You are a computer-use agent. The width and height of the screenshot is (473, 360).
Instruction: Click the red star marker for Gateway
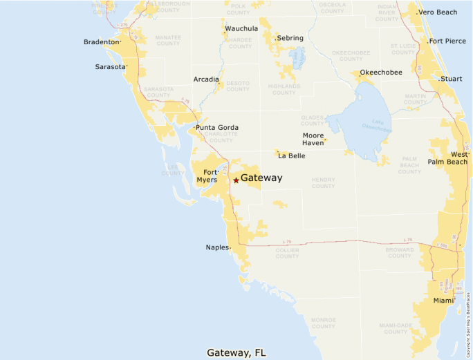(x=236, y=180)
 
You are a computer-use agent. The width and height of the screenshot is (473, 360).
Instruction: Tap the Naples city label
(x=216, y=247)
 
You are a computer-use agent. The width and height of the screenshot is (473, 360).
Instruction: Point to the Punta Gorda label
(x=217, y=128)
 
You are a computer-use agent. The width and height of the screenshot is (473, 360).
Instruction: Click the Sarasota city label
(x=111, y=67)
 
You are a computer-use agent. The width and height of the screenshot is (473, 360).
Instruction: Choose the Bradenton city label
(x=101, y=42)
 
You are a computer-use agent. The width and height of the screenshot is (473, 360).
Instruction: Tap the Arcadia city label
(x=205, y=79)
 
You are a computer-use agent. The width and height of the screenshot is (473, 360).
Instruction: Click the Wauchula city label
(x=241, y=29)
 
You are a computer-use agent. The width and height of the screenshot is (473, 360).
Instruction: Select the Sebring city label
(x=290, y=38)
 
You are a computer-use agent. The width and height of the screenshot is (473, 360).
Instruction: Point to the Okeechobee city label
(x=381, y=72)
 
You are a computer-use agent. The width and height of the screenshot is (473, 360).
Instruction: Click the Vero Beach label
(x=438, y=12)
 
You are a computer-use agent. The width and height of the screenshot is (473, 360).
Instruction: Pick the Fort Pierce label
(x=447, y=41)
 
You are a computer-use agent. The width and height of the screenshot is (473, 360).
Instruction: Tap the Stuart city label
(x=452, y=79)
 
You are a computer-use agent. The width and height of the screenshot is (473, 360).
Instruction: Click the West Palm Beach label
(x=449, y=158)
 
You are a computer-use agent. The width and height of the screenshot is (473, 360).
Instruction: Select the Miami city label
(x=443, y=301)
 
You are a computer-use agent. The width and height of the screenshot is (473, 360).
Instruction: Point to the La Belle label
(x=291, y=156)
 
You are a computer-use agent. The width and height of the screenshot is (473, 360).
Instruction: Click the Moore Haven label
(x=313, y=139)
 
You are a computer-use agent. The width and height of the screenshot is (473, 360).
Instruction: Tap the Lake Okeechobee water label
(x=377, y=124)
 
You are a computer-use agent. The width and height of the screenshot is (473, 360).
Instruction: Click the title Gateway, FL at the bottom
(x=236, y=352)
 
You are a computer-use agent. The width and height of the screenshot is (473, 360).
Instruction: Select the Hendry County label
(x=324, y=182)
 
